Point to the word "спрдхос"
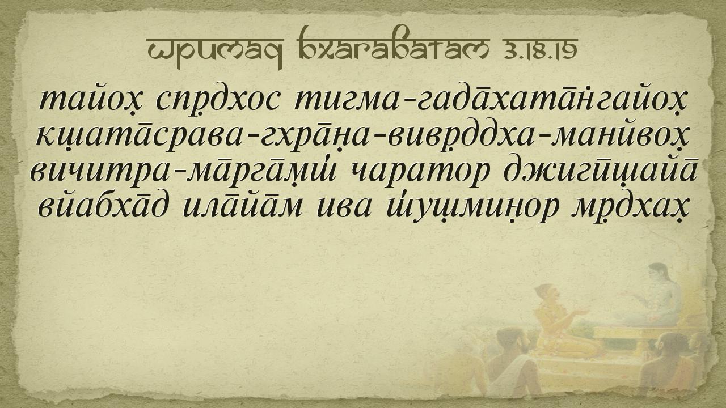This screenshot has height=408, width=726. tap(217, 100)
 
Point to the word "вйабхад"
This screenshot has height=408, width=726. tap(104, 206)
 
